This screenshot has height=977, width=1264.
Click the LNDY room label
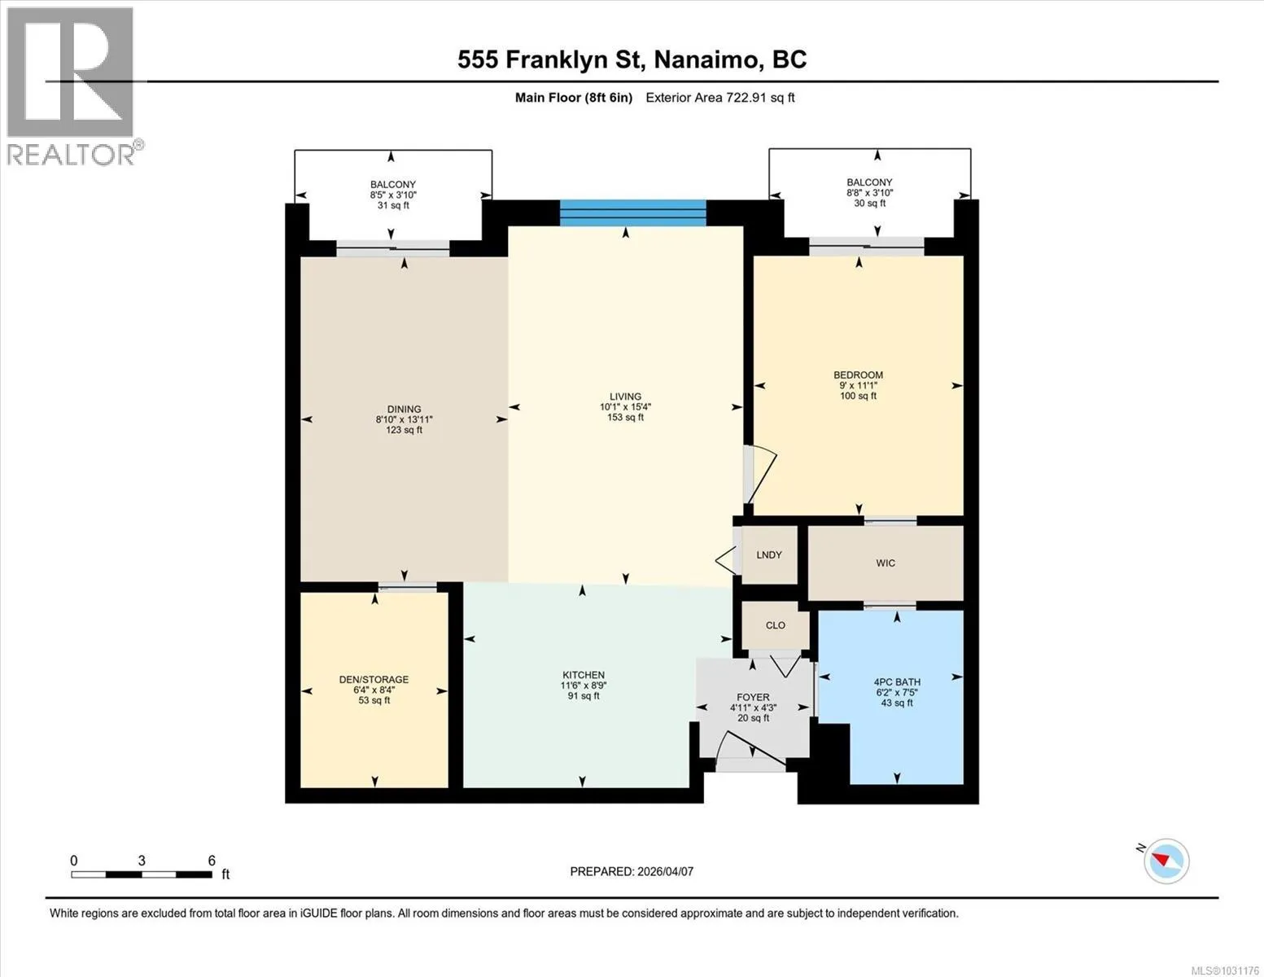[x=768, y=555]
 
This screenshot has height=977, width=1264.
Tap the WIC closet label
[x=886, y=563]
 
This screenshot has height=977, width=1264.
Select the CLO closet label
[x=776, y=625]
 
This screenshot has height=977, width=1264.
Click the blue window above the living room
[x=633, y=213]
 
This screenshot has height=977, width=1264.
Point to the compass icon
[x=1166, y=861]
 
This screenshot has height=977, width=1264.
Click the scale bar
[x=142, y=874]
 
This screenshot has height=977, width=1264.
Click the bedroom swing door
[x=759, y=474]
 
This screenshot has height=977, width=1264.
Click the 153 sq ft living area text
[x=625, y=417]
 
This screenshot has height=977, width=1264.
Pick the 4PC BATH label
[x=897, y=682]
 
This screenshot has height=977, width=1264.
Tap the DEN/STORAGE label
[x=374, y=680]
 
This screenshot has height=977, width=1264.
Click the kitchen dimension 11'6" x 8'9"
[x=584, y=686]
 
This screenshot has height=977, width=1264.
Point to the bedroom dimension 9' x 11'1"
[x=858, y=385]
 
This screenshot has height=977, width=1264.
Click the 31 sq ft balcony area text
[x=393, y=205]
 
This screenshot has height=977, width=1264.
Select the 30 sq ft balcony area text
[x=869, y=203]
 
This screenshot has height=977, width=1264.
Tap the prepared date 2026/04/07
[x=666, y=872]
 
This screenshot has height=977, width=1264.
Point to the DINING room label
[x=405, y=409]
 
